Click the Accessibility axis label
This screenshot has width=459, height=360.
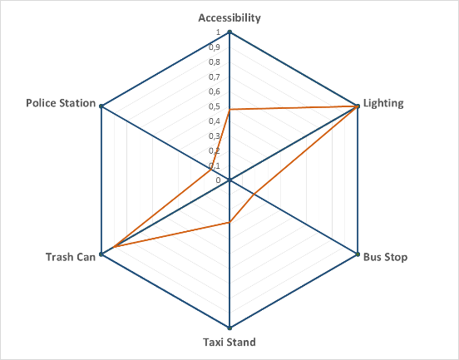coord(229,17)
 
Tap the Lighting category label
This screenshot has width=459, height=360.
coord(383,103)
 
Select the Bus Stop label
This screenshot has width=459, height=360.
coord(385,257)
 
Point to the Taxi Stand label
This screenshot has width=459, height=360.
coord(229,342)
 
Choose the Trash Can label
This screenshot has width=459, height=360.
coord(71,257)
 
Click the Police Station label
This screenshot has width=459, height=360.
coord(61,103)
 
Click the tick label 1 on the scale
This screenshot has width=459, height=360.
coord(218,32)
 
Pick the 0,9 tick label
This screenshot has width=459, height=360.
coord(215,47)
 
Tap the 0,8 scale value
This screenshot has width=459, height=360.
coord(215,62)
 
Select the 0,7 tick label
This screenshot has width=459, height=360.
coord(215,77)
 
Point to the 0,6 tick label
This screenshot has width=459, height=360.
coord(215,91)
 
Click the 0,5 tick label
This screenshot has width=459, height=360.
coord(215,106)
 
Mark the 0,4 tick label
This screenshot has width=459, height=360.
coord(215,121)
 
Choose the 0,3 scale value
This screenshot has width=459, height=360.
coord(215,136)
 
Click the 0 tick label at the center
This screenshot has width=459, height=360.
coord(218,180)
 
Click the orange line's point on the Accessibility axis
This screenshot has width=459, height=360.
coord(229,110)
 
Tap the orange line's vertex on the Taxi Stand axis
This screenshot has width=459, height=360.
coord(229,223)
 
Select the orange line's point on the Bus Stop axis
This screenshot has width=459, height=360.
coord(254,194)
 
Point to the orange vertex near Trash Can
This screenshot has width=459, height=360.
coord(114,247)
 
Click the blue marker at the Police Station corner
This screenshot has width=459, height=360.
coord(101,106)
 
